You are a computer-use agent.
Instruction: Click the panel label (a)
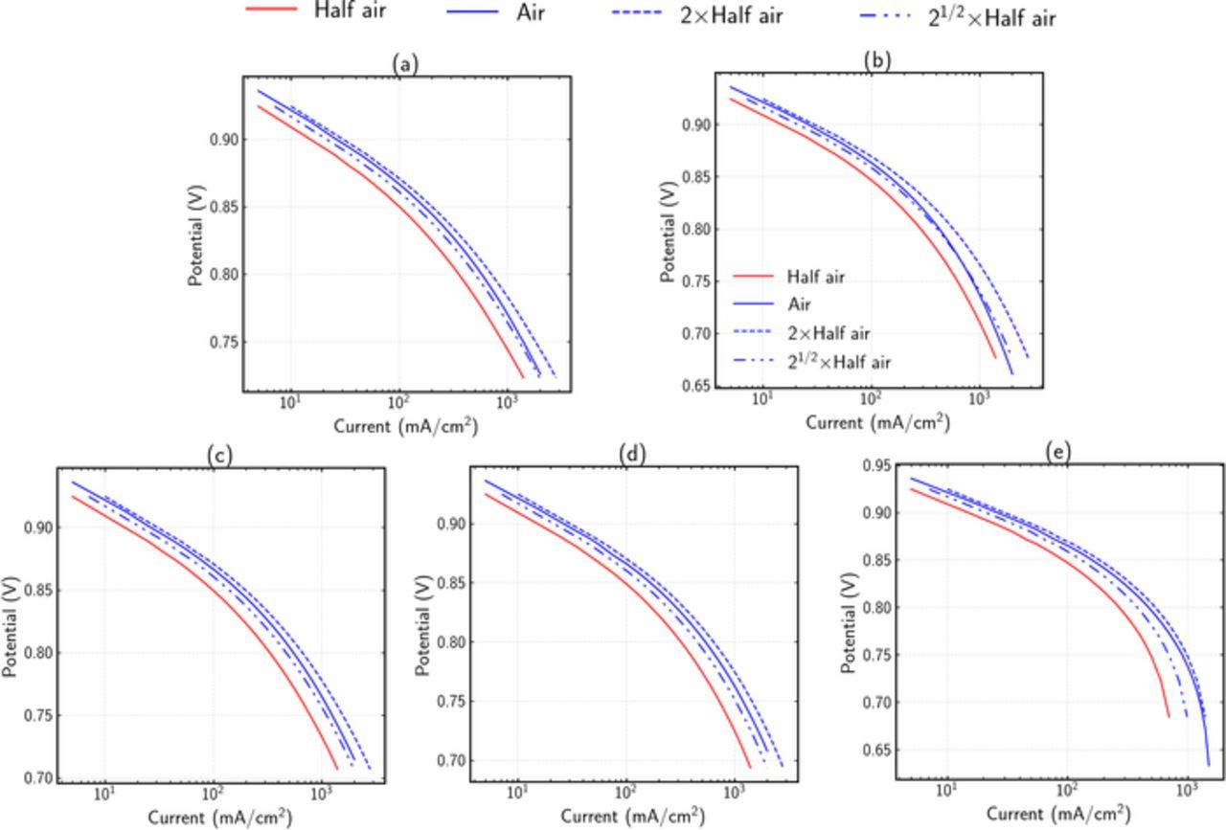pos(406,64)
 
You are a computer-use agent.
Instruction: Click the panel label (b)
pos(877,60)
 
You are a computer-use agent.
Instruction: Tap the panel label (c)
pos(219,456)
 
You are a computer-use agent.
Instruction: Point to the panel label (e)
pos(1058,452)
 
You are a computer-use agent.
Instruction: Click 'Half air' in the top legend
pos(350,11)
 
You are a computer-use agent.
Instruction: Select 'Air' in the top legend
pos(527,13)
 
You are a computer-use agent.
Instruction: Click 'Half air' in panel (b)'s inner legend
pos(815,278)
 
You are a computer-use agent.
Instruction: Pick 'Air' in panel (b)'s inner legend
pos(799,305)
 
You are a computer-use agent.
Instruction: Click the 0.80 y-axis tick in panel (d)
pos(449,643)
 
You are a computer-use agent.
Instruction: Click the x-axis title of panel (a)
pos(405,426)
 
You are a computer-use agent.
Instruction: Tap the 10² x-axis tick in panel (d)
pos(626,793)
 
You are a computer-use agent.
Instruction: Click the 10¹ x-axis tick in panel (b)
pos(763,398)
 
